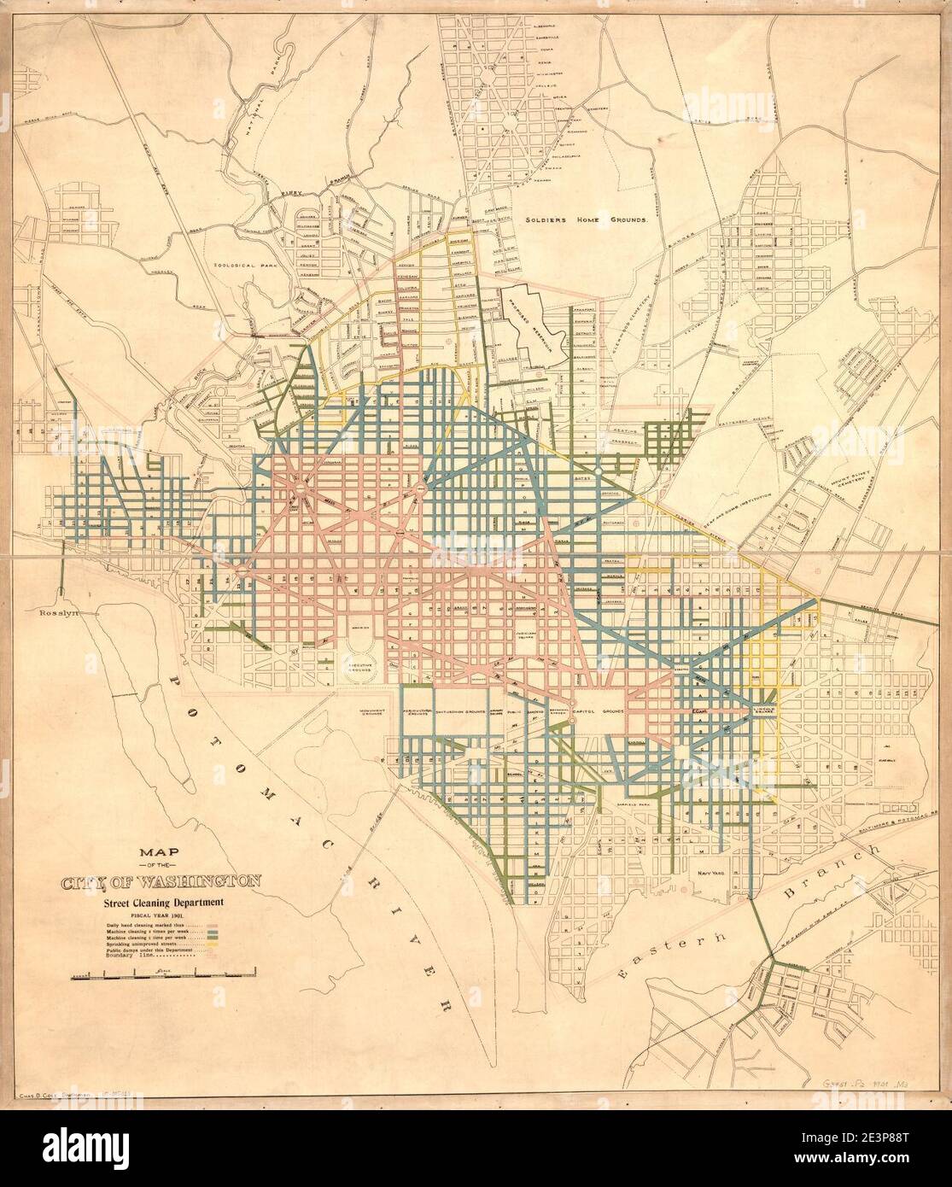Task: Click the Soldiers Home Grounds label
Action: (x=587, y=219)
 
